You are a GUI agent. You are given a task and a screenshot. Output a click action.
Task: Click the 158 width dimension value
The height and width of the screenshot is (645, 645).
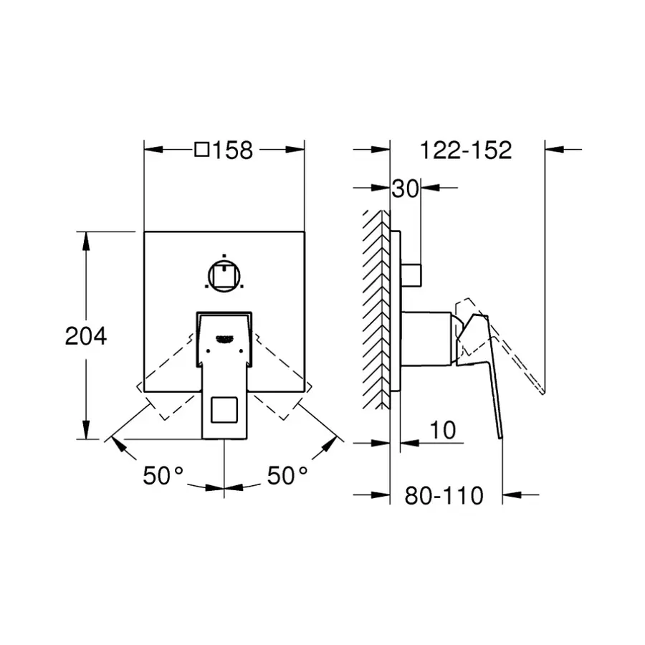(x=232, y=150)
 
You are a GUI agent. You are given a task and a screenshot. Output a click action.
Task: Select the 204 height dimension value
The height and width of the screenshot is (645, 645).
(x=86, y=336)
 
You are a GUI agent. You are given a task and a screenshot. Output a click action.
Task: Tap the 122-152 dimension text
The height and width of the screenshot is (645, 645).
(x=466, y=150)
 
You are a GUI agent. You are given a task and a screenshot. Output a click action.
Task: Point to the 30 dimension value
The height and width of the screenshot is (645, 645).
(x=405, y=188)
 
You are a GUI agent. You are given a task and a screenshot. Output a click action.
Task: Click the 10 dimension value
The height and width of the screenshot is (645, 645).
(x=443, y=430)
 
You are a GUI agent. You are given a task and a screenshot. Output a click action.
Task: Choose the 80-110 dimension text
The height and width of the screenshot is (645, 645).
(x=444, y=496)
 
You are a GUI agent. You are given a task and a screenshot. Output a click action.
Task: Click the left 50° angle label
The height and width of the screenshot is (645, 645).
(x=163, y=476)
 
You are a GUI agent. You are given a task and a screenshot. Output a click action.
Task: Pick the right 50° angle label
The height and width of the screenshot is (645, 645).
(x=287, y=476)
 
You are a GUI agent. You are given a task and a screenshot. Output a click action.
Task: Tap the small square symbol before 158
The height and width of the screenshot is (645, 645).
(x=202, y=150)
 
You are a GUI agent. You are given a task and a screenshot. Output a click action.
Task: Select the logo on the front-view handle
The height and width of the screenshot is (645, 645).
(x=224, y=338)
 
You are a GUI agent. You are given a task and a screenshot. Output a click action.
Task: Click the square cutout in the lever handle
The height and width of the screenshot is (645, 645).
(x=224, y=410)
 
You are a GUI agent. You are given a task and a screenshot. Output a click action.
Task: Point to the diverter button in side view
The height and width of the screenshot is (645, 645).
(x=411, y=275)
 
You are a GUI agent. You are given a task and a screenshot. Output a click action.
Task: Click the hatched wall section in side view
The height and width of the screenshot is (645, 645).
(x=376, y=310)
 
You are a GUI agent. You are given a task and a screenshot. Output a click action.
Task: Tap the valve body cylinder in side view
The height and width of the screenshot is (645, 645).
(x=426, y=339)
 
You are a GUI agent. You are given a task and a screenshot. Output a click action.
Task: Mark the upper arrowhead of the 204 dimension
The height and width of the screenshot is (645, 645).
(x=86, y=241)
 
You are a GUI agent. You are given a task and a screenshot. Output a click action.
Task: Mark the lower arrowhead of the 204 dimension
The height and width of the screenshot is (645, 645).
(x=86, y=429)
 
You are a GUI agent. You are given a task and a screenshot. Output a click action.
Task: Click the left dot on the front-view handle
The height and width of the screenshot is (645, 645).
(x=208, y=351)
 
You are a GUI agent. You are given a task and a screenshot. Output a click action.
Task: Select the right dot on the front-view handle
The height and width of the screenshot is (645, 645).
(x=241, y=351)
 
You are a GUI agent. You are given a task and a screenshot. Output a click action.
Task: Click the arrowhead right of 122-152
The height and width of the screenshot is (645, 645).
(x=554, y=149)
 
